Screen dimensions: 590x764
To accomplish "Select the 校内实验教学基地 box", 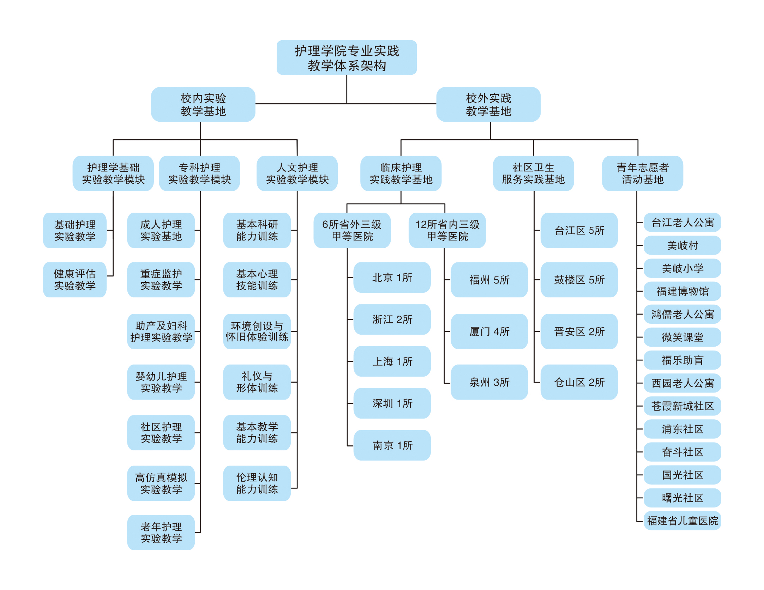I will click(x=203, y=104).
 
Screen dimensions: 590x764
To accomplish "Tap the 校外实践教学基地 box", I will click(x=488, y=104).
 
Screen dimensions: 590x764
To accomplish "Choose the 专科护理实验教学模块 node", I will click(x=199, y=173).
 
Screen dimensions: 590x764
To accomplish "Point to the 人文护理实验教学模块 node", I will click(x=297, y=173).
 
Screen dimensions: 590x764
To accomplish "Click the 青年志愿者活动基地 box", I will click(x=642, y=173).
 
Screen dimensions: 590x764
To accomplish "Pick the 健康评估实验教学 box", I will click(x=74, y=279).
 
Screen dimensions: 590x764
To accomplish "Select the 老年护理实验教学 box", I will click(x=161, y=532).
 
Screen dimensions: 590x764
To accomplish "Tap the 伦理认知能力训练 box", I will click(x=257, y=483).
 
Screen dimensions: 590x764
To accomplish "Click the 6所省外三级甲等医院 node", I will click(x=352, y=230).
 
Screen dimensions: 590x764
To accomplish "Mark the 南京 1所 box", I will click(x=392, y=445).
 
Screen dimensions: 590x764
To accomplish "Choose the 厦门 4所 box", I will click(x=489, y=331).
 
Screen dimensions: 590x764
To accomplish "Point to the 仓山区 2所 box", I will click(x=579, y=382).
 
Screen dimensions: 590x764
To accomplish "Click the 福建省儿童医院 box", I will click(x=682, y=521).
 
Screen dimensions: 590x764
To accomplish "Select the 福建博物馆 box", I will click(x=682, y=291).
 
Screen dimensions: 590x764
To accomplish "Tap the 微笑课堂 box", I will click(x=682, y=337).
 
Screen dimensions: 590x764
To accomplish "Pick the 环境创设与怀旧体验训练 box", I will click(x=257, y=331).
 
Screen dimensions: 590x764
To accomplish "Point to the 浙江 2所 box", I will click(x=392, y=319).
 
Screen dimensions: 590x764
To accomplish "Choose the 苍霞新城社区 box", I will click(x=682, y=406).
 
